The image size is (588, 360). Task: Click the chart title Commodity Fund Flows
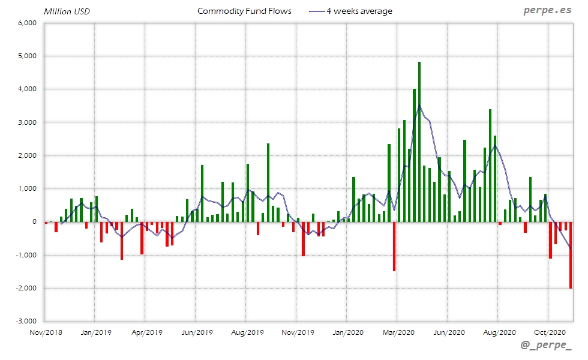[244, 11]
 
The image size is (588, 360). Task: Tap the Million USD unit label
[67, 11]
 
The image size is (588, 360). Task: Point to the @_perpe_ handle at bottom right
[545, 346]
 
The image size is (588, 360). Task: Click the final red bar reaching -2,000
[571, 255]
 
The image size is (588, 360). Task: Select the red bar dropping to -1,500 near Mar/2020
[394, 247]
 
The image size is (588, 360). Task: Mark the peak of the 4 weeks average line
[419, 107]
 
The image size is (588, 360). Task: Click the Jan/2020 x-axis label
[347, 332]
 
